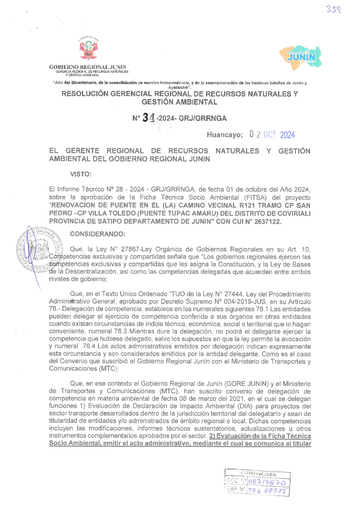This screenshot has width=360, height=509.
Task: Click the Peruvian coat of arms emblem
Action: [x=89, y=50]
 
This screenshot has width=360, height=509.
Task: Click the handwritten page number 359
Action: [x=333, y=10]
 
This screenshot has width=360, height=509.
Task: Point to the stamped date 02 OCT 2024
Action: [x=272, y=135]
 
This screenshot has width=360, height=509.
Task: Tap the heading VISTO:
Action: [x=81, y=174]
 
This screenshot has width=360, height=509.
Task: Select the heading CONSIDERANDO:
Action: [x=97, y=234]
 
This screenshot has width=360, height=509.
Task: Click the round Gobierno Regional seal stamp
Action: [x=39, y=249]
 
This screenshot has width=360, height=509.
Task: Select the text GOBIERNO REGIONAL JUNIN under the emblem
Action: [x=88, y=67]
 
